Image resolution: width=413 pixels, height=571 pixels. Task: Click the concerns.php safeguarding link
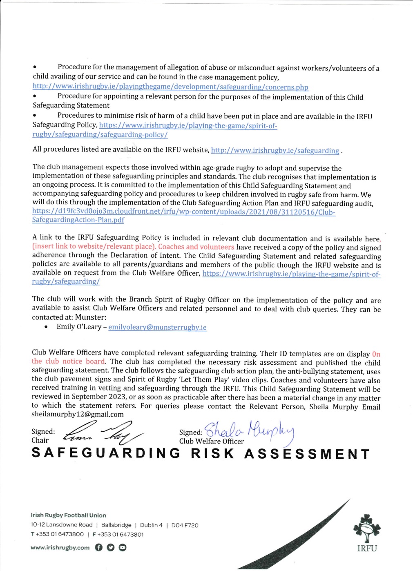tap(170, 87)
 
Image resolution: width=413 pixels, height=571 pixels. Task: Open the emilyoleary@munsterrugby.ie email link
tap(157, 327)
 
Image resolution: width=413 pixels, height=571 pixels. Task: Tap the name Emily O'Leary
tap(79, 327)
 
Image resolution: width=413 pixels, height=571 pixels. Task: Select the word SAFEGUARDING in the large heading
tap(106, 453)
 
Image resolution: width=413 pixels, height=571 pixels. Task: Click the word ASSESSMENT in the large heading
tap(307, 454)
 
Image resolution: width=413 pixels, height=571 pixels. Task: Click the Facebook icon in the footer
tap(98, 548)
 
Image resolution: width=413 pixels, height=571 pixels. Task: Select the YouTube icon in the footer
tap(123, 548)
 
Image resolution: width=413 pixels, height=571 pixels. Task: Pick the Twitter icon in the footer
tap(110, 548)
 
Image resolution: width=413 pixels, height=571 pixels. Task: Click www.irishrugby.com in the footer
tap(60, 548)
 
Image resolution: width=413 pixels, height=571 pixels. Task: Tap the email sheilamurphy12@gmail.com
tap(78, 414)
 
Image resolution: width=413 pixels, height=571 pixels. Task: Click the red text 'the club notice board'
tap(69, 361)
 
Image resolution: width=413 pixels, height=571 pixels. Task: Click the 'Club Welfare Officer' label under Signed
tap(211, 441)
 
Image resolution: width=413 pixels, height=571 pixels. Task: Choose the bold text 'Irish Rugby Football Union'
tap(68, 515)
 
